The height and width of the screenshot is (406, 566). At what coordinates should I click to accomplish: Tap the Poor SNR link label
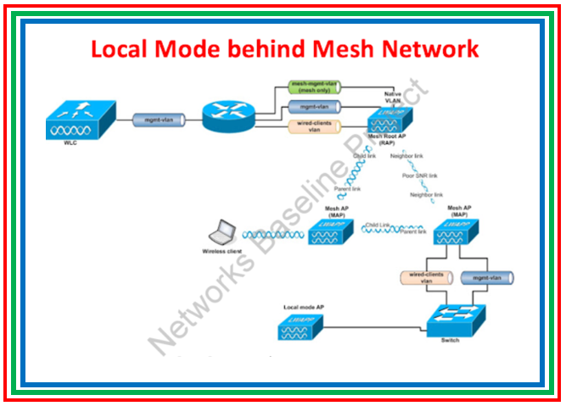(420, 175)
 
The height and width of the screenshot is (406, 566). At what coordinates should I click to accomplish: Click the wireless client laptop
(223, 231)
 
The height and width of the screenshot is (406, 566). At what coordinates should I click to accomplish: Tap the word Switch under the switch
(450, 340)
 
